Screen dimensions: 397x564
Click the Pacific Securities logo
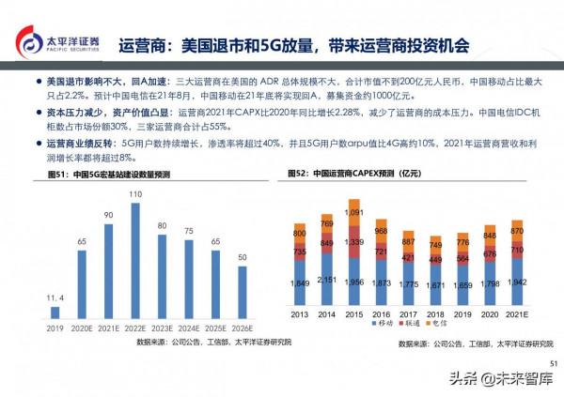58,44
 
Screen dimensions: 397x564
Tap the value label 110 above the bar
134,194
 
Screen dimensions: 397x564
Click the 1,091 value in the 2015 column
353,213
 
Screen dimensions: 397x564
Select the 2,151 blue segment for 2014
326,281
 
